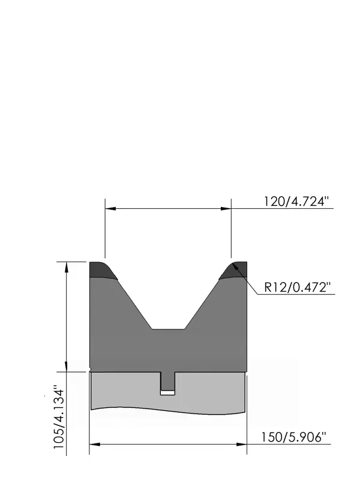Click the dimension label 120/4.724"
(296, 202)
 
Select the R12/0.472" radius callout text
(298, 288)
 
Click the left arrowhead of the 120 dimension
(110, 208)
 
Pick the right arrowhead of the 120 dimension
(226, 208)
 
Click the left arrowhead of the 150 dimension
(95, 444)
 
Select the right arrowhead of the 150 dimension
(242, 444)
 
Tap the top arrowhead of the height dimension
(67, 267)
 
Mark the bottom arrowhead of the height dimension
(67, 367)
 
